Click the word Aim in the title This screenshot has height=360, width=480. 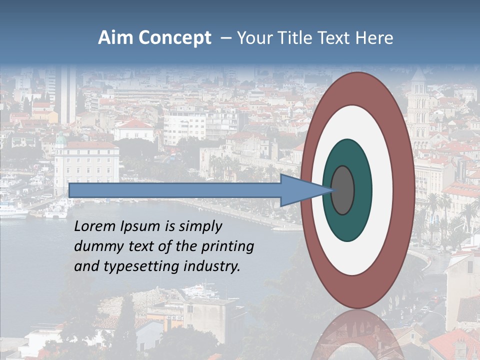point(115,38)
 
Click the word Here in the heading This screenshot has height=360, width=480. point(374,38)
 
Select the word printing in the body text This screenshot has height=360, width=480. point(227,246)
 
